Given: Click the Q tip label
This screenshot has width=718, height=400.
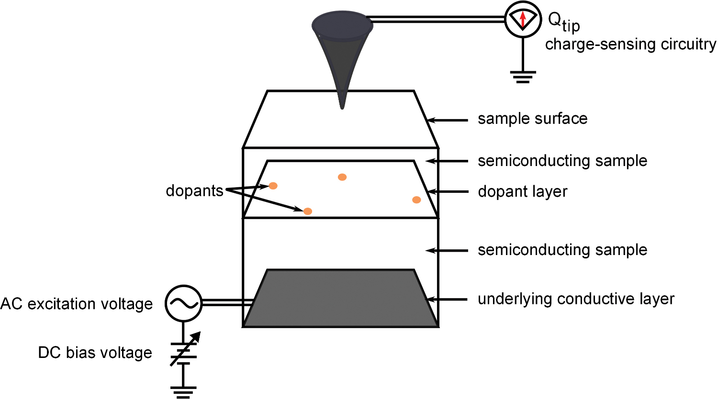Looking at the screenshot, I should pos(563,22).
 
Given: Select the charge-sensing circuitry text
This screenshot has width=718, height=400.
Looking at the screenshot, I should pos(630,44).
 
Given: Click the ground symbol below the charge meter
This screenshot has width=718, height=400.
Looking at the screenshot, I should pos(523,77).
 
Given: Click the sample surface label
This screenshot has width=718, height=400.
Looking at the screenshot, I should pos(532,119).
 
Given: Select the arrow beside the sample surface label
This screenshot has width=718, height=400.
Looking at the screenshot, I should pos(447,120).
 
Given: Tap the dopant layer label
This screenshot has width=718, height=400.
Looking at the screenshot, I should pos(522,192).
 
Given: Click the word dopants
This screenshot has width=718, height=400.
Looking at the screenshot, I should pos(194,190).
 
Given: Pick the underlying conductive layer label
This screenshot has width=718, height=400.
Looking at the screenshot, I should pos(576,299).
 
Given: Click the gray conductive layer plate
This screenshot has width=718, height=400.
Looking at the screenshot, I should pos(340,299).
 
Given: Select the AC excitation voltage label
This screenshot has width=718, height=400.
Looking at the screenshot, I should pos(77,304).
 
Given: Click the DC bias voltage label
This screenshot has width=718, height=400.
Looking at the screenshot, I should pos(95,353).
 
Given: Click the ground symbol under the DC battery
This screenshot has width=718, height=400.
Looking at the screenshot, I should pos(183,392).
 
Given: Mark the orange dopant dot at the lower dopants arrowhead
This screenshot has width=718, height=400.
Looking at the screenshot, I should pos(308,211).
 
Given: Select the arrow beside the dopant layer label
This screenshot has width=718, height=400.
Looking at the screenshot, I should pos(447,192).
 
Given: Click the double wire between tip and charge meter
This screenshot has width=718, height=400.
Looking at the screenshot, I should pos(438,19).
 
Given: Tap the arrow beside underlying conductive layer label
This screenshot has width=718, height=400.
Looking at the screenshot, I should pos(447,300).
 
